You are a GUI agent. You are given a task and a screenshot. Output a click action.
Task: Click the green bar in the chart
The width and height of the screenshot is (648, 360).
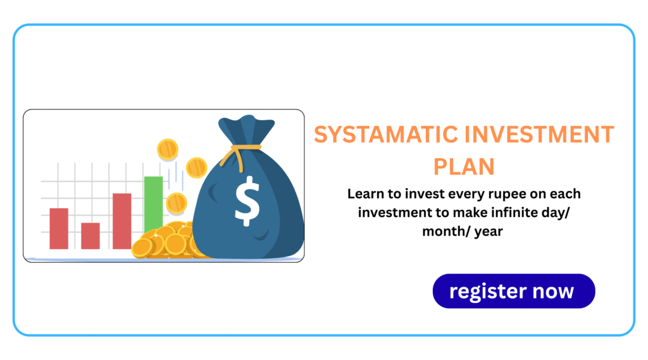tap(153, 204)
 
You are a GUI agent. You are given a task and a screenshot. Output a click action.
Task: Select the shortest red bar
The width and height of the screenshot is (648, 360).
tap(90, 236)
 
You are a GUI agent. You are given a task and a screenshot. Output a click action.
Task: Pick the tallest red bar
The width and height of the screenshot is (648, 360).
tap(122, 221)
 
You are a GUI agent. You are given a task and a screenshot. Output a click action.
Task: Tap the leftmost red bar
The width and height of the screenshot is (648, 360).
tap(59, 228)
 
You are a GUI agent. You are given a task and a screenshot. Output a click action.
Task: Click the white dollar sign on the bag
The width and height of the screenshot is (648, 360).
tap(247, 201)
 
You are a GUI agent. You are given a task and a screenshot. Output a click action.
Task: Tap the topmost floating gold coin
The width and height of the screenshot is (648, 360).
tap(167, 149)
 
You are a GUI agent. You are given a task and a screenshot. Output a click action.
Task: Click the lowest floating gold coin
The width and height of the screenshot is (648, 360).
tap(177, 203)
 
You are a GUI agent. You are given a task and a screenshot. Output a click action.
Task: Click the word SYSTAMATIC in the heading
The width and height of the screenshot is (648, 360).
tap(386, 135)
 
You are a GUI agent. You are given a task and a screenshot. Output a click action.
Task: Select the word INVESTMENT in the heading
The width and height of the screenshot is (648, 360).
tap(539, 135)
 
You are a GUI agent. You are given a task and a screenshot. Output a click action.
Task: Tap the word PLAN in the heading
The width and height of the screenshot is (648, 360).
tap(464, 167)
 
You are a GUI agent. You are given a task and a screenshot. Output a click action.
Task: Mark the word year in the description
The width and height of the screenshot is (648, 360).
tap(489, 232)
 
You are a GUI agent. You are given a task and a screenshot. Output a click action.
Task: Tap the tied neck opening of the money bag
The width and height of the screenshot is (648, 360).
tap(246, 129)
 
